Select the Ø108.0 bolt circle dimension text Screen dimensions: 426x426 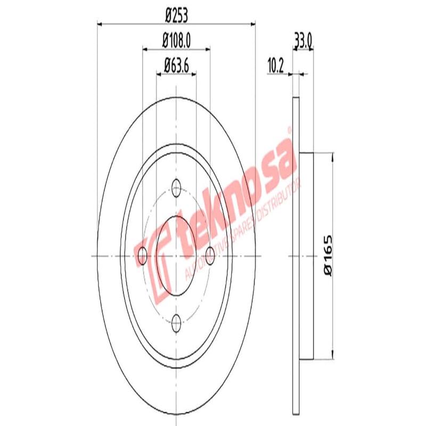(x=176, y=40)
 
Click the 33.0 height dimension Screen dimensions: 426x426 (x=302, y=40)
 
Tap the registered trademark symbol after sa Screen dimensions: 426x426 (x=290, y=129)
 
